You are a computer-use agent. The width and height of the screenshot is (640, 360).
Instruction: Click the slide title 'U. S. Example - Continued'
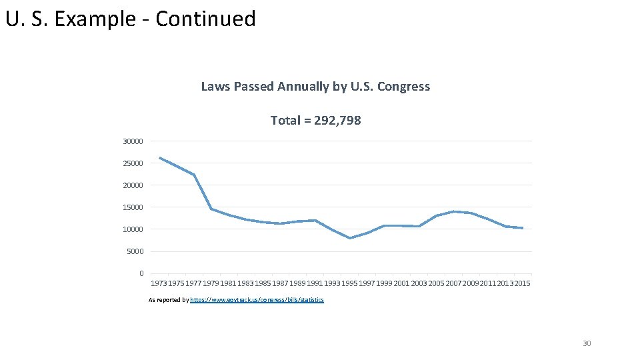coord(131,19)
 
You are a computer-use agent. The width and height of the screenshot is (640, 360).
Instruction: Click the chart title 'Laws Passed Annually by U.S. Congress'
coord(315,87)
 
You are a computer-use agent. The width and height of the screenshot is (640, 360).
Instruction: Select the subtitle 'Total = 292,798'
coord(315,121)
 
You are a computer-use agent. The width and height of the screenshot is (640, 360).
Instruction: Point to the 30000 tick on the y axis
coord(133,141)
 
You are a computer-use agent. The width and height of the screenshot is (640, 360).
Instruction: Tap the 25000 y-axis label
coord(133,163)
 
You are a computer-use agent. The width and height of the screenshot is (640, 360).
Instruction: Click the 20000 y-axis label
coord(133,185)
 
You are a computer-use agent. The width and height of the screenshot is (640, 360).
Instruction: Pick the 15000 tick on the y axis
coord(133,207)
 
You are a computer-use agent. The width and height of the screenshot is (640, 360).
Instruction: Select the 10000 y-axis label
coord(133,229)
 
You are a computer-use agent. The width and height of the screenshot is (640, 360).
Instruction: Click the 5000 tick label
coord(135,251)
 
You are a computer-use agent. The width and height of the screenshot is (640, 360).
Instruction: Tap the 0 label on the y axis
coord(141,273)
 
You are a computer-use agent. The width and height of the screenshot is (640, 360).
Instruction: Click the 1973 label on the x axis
coord(159,284)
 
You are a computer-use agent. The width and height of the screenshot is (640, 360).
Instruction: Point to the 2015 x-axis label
coord(522,284)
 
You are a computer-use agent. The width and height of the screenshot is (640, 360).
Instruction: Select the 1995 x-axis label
coord(349,284)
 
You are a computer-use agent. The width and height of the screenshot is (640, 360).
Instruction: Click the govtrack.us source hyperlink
coord(257,300)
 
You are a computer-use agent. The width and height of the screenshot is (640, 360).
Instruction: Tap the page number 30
coord(587,343)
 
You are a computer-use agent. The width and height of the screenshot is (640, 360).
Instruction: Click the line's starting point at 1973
coord(160,158)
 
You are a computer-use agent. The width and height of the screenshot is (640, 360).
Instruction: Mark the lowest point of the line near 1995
coord(350,238)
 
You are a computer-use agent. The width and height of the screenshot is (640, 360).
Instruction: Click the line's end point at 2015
coord(523,228)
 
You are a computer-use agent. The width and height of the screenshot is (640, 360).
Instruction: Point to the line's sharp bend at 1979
coord(211,209)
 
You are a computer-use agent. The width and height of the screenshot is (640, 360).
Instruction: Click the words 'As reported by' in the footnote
coord(169,300)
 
